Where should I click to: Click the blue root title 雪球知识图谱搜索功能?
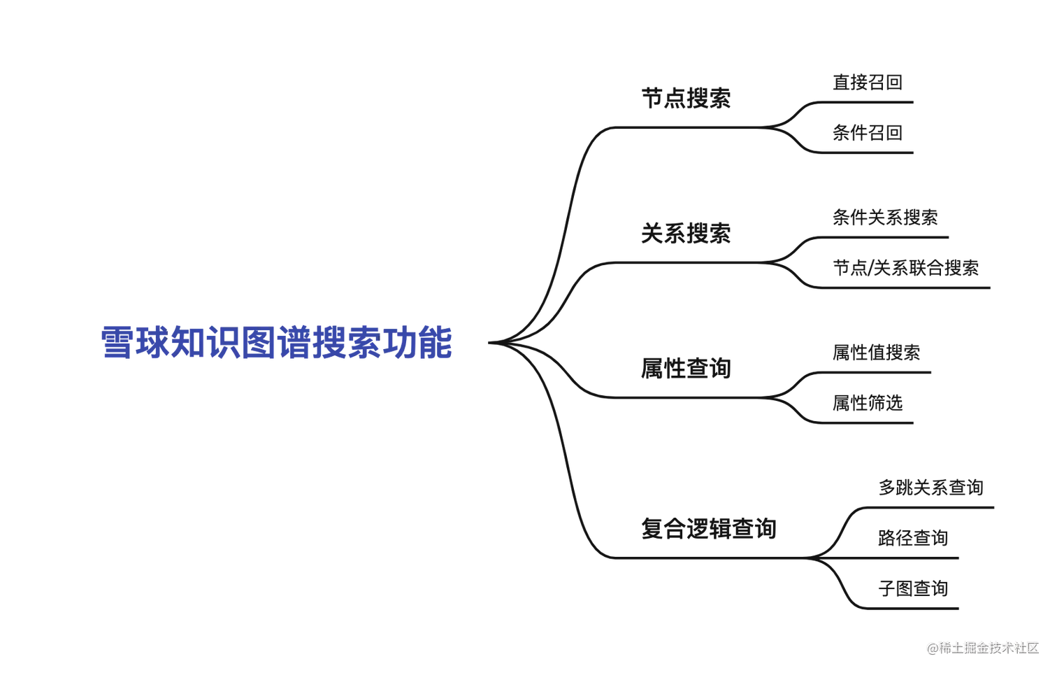click(275, 342)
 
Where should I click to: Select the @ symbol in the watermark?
click(932, 648)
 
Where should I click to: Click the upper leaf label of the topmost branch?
click(867, 85)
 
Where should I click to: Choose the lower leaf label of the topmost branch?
click(867, 134)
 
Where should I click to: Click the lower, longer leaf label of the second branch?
click(907, 269)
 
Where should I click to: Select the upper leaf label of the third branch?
click(875, 353)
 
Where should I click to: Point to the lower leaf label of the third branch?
click(867, 403)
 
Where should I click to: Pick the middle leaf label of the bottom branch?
click(912, 537)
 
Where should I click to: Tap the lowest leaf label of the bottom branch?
click(912, 588)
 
